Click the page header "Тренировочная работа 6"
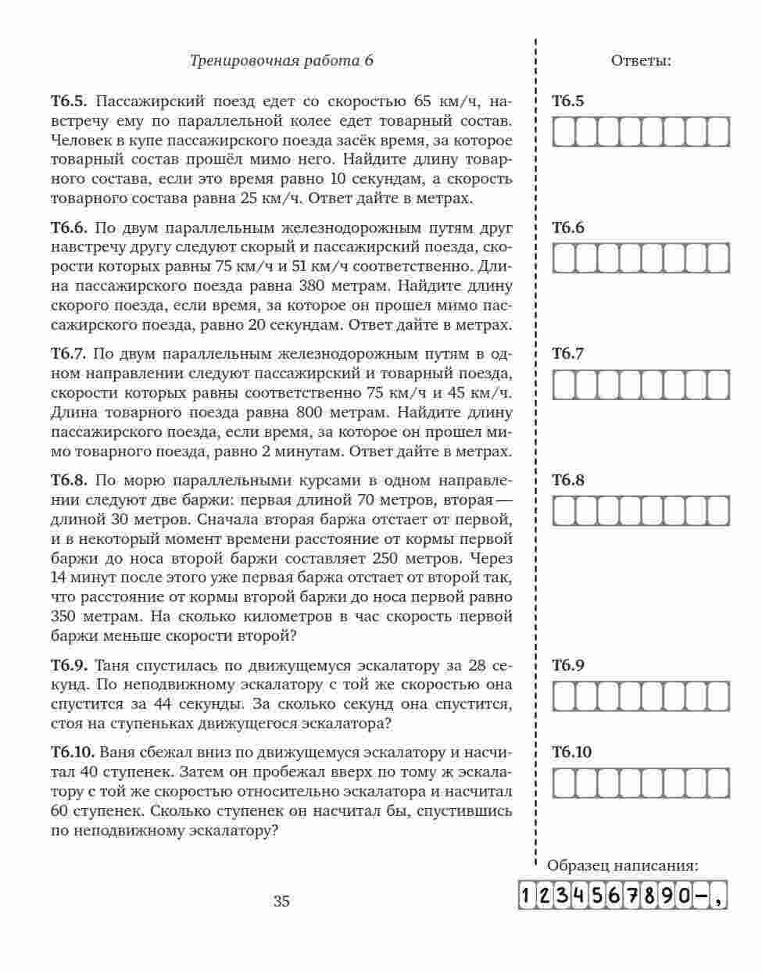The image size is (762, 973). click(x=281, y=61)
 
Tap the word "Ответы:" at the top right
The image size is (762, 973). click(x=641, y=61)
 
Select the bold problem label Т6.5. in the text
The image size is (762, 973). click(x=72, y=102)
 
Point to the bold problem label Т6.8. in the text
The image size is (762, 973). click(x=72, y=481)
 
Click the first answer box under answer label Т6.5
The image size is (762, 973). click(x=564, y=132)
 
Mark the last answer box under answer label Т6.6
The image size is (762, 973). click(x=718, y=259)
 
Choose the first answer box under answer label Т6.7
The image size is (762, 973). click(x=564, y=385)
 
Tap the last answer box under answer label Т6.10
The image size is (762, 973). click(x=717, y=783)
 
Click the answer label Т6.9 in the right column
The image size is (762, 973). click(x=568, y=666)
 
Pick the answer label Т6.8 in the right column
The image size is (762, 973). click(x=568, y=480)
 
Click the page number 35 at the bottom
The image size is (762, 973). click(x=281, y=901)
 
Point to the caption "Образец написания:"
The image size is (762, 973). click(x=623, y=866)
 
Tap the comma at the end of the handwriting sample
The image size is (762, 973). click(x=720, y=896)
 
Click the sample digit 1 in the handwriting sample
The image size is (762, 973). click(x=527, y=896)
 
